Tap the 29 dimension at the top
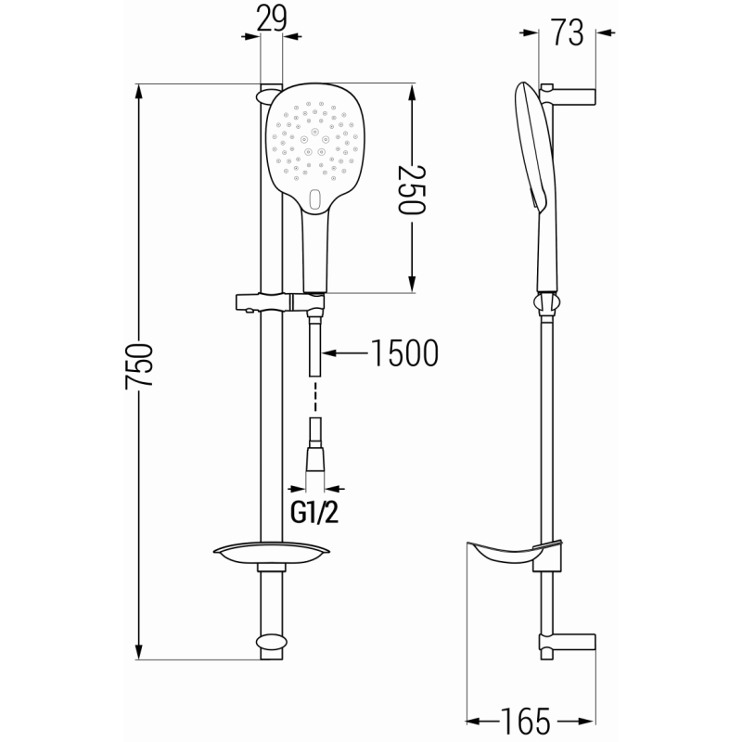[270, 19]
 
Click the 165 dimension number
[528, 721]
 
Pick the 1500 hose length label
[403, 352]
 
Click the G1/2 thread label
[315, 512]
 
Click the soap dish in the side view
[509, 556]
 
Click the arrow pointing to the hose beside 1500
[343, 352]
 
